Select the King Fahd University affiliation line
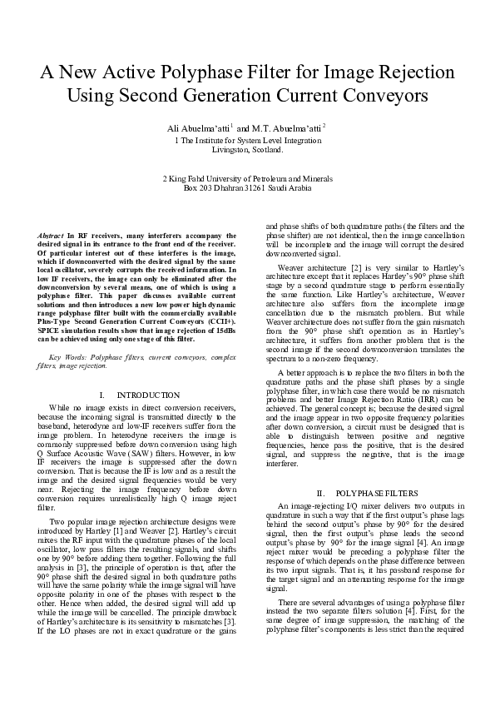pyautogui.click(x=247, y=178)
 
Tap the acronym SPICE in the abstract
pyautogui.click(x=52, y=331)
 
